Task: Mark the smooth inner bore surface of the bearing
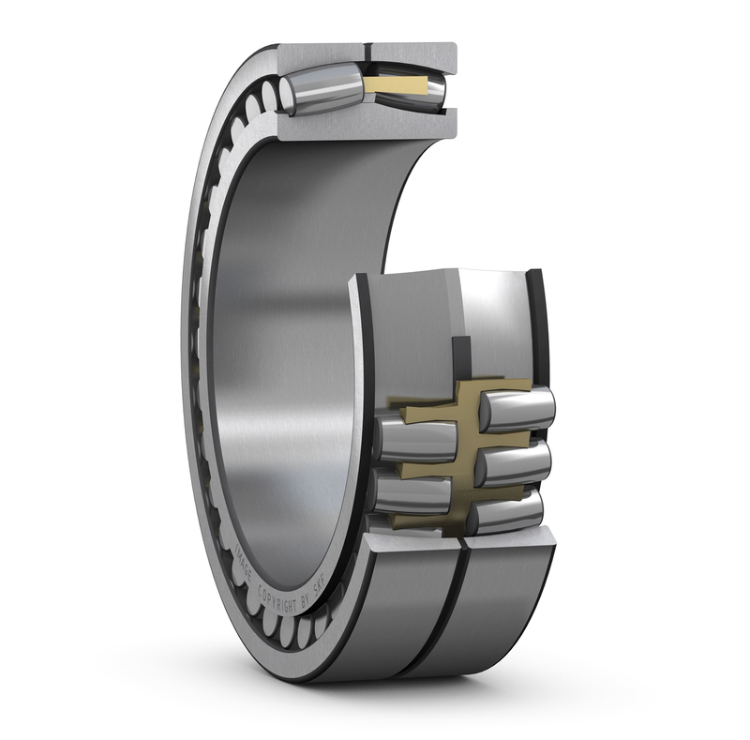tap(281, 328)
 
